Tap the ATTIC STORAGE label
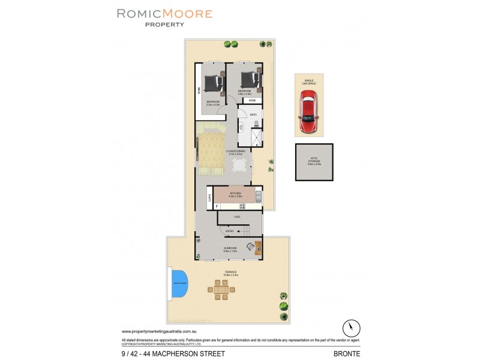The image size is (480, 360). tap(314, 161)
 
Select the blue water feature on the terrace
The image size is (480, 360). tap(179, 283)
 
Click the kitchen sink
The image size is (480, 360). tap(258, 196)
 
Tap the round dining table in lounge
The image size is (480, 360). tap(239, 165)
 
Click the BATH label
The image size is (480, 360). tap(253, 114)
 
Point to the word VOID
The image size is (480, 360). tap(238, 216)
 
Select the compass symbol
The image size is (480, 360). tap(351, 328)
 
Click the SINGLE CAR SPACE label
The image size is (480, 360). tap(309, 81)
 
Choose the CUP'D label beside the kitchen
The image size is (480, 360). tap(209, 196)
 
